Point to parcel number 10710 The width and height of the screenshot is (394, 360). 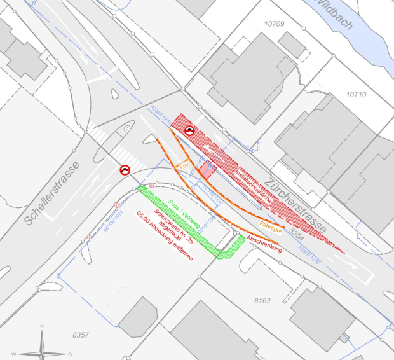click(356, 95)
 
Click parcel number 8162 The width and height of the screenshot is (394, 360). click(262, 300)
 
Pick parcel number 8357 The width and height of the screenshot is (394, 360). click(81, 335)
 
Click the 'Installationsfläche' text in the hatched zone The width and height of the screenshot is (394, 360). click(254, 186)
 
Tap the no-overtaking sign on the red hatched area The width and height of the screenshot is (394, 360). click(189, 131)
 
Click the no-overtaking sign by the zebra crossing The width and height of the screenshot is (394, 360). click(125, 169)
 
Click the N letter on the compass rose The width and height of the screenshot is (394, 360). click(42, 326)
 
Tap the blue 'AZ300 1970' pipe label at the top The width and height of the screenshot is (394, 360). click(161, 115)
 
